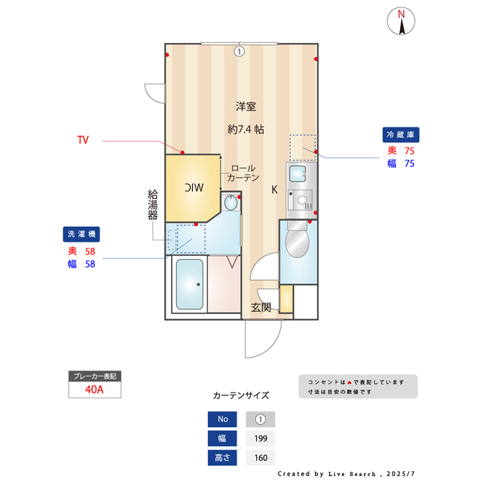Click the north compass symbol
pos(401,21)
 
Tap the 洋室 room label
pos(246,107)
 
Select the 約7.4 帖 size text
pos(246,130)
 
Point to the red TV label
pos(83,140)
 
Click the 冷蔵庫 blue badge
pos(401,135)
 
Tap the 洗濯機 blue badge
pos(81,234)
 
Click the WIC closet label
pos(194,188)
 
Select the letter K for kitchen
pos(274,190)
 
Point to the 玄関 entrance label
pos(261,307)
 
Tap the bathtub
pos(190,285)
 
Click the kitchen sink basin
pos(297,174)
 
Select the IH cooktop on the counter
pos(300,200)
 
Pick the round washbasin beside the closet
pos(230,203)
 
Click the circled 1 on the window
pos(239,51)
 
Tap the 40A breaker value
pos(94,390)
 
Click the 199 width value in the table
pos(261,438)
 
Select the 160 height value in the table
pos(261,458)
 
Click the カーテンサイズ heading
pos(241,395)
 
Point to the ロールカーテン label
pos(243,173)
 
